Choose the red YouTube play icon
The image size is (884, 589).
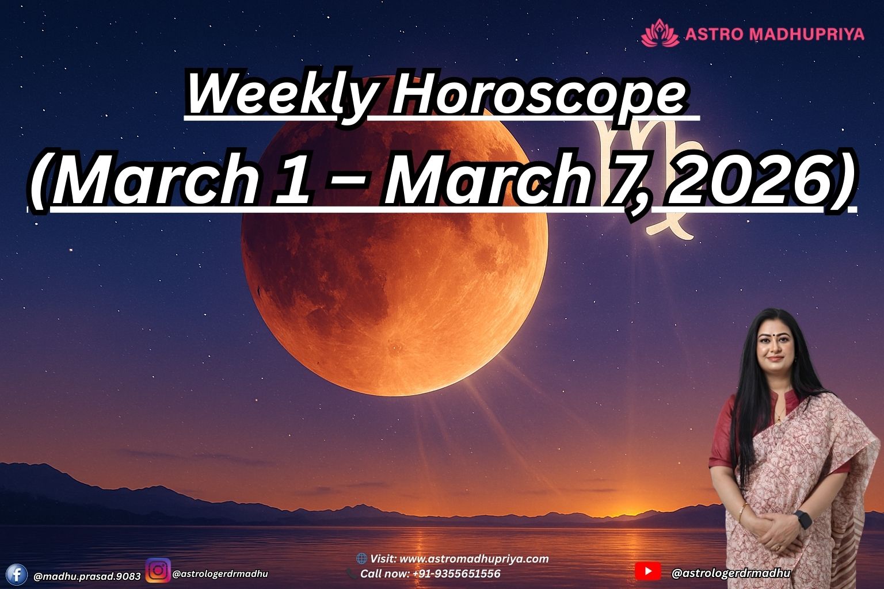(648, 571)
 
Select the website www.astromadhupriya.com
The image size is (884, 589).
(473, 559)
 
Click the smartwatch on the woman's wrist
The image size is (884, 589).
(803, 519)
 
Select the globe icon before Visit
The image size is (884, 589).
(361, 559)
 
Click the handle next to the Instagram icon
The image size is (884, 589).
(220, 573)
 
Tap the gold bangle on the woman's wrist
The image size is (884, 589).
(744, 509)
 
